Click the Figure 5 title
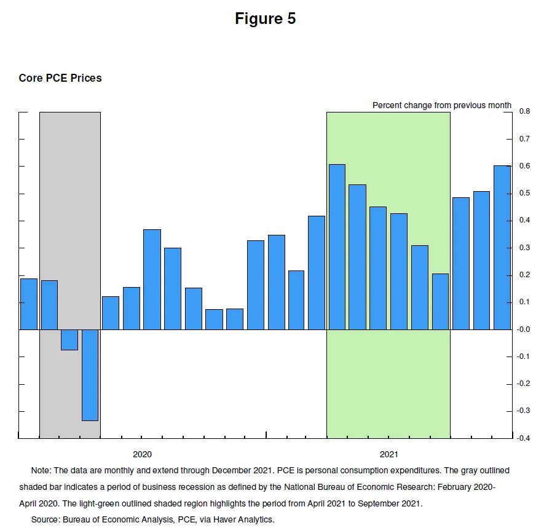pyautogui.click(x=265, y=19)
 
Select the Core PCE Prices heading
pyautogui.click(x=60, y=78)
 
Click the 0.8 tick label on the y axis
pyautogui.click(x=524, y=112)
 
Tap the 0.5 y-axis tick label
pyautogui.click(x=524, y=194)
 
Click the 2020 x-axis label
pyautogui.click(x=142, y=455)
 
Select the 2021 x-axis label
pyautogui.click(x=388, y=455)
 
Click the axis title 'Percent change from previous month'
pyautogui.click(x=441, y=105)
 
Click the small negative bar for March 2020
pyautogui.click(x=69, y=340)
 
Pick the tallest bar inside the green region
pyautogui.click(x=337, y=247)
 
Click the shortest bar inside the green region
pyautogui.click(x=440, y=302)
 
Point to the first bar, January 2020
pyautogui.click(x=28, y=304)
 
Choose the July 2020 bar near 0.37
pyautogui.click(x=152, y=280)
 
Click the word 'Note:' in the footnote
pyautogui.click(x=41, y=471)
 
